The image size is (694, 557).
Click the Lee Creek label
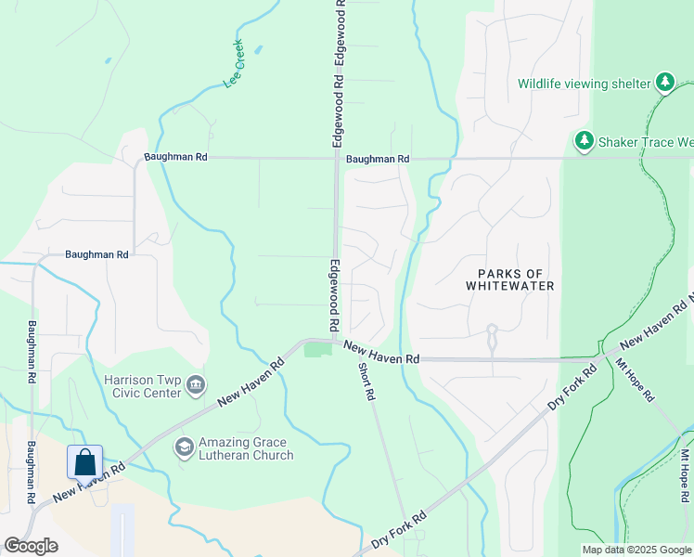coord(234,64)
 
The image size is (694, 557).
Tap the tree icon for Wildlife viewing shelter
coord(665,84)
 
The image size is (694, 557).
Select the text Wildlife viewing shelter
coord(584,84)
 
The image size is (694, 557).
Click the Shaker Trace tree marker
coord(584,141)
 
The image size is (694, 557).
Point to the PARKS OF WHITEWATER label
coord(516,279)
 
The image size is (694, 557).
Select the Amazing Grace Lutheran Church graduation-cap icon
coord(184,447)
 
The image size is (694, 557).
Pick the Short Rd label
coord(367,382)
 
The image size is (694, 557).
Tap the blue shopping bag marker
coord(84,461)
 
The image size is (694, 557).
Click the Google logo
coord(31,546)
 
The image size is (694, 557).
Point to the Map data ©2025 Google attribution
coord(636,550)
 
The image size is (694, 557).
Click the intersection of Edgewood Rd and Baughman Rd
coord(336,158)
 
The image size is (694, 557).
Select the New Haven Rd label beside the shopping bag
coord(88,483)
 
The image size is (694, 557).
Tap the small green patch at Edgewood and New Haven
coord(317,349)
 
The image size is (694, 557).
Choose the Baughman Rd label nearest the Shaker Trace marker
coord(378,159)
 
